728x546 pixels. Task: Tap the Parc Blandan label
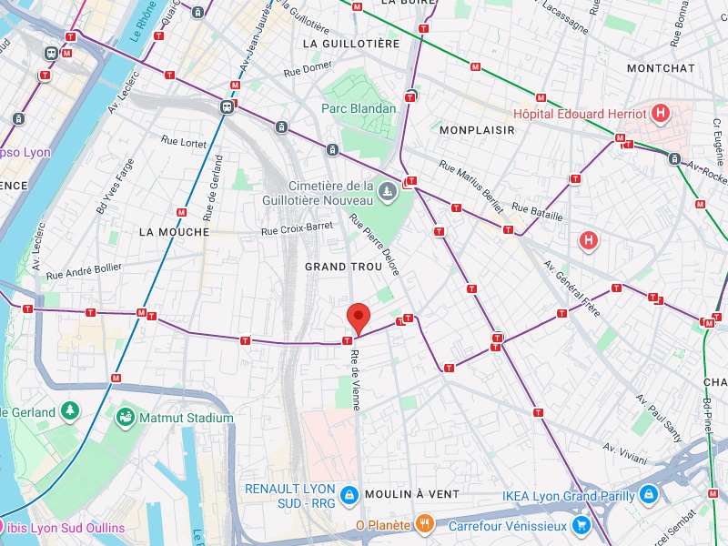coord(359,108)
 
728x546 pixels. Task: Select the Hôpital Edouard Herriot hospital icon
coord(662,114)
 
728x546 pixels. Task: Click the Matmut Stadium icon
coord(125,418)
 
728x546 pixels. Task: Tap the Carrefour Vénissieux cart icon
coord(581,525)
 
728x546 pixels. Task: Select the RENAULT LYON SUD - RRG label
coord(289,496)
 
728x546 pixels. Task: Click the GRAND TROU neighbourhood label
coord(339,267)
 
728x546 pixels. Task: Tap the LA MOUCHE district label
coord(174,232)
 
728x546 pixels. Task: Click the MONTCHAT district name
coord(661,68)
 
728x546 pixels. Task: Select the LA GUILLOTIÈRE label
coord(350,43)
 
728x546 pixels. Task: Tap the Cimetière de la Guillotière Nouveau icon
coord(389,192)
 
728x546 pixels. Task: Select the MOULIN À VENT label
coord(411,493)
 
